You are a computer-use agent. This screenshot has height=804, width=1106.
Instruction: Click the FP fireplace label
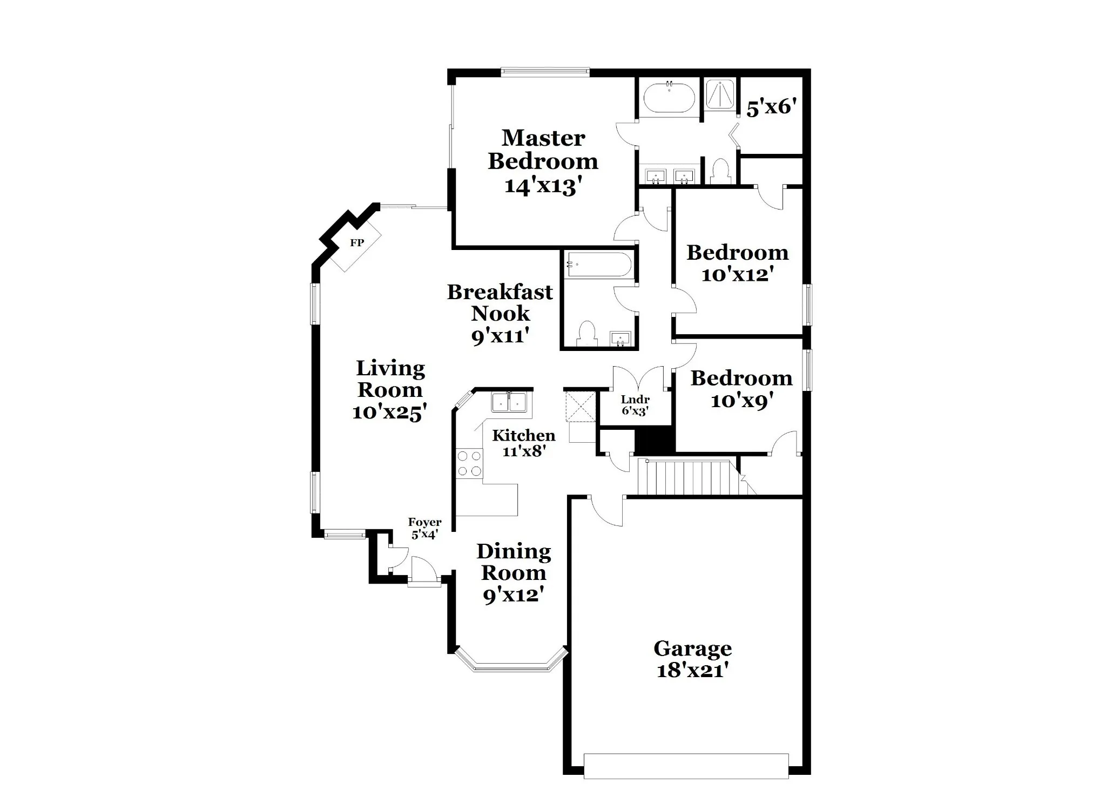click(356, 243)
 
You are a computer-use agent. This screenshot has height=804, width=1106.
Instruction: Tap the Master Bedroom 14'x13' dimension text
click(543, 186)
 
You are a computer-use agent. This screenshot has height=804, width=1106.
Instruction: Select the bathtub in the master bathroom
click(670, 96)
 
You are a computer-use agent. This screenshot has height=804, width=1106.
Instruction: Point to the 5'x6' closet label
click(772, 107)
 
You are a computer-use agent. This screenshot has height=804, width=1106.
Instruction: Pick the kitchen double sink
click(509, 402)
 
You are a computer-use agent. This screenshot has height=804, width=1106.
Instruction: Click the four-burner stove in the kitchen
click(469, 464)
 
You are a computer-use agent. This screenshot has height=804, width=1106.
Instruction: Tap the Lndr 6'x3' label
click(635, 405)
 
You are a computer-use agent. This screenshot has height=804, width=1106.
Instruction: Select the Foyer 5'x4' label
click(424, 529)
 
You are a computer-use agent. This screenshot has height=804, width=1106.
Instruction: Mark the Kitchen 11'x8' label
click(523, 443)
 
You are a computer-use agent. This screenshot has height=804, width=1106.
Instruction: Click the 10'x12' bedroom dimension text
click(738, 275)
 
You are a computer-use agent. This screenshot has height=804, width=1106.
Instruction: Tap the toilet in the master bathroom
click(720, 171)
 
